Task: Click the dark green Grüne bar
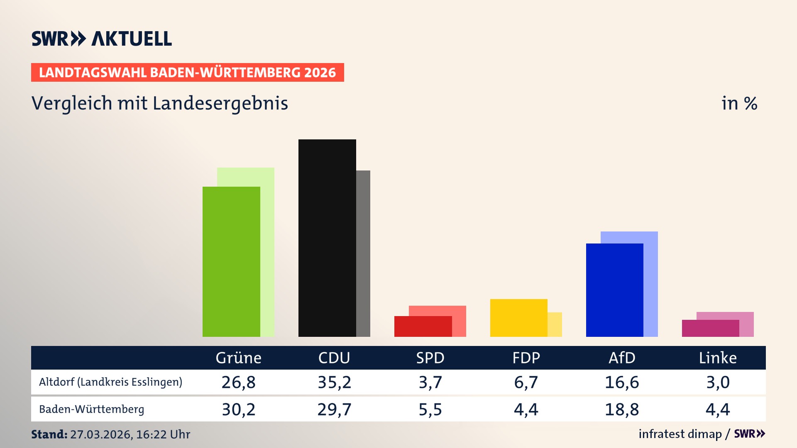[x=231, y=261]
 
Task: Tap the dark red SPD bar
[x=423, y=326]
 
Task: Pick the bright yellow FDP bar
[x=518, y=318]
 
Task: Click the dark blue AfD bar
[x=614, y=290]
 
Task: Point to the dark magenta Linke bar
[x=710, y=328]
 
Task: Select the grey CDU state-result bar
[x=363, y=253]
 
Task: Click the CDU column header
[x=334, y=358]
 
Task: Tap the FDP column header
[x=526, y=358]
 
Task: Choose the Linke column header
[x=718, y=358]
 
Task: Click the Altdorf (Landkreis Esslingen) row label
[x=110, y=382]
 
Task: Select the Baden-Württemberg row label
[x=91, y=409]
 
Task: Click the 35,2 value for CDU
[x=334, y=382]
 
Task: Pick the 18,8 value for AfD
[x=622, y=409]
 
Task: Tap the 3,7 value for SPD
[x=430, y=382]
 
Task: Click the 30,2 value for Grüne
[x=238, y=409]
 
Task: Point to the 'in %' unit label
[x=739, y=103]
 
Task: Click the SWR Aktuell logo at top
[x=102, y=39]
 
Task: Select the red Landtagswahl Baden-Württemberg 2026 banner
[x=187, y=73]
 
